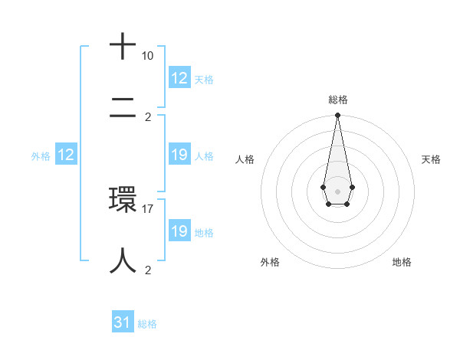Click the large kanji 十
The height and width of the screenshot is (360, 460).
point(123,47)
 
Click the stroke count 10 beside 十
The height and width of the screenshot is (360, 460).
point(147,56)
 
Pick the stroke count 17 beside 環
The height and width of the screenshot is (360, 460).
point(148,208)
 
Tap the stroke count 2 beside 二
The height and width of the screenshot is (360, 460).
point(148,117)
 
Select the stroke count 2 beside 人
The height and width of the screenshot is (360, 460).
point(148,270)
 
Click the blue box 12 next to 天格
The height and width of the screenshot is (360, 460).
point(179,78)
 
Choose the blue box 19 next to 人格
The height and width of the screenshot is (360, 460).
point(179,155)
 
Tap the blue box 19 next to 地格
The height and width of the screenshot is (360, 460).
point(179,232)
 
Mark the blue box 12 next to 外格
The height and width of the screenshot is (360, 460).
point(65,155)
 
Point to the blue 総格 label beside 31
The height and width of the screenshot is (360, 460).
point(147,324)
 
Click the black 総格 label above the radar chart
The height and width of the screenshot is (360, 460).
point(337,100)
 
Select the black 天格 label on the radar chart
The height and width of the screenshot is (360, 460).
point(432,159)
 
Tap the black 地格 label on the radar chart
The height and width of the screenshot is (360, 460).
point(402,263)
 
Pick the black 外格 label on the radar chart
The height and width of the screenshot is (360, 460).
point(270,263)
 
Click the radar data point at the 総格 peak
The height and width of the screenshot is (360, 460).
point(337,116)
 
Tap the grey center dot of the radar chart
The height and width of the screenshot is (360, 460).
point(337,190)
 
